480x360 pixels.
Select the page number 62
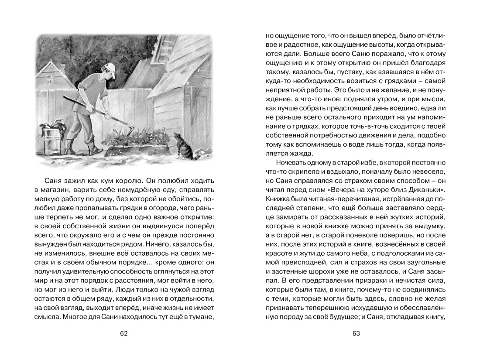pyautogui.click(x=123, y=333)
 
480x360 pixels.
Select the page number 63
pyautogui.click(x=356, y=333)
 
